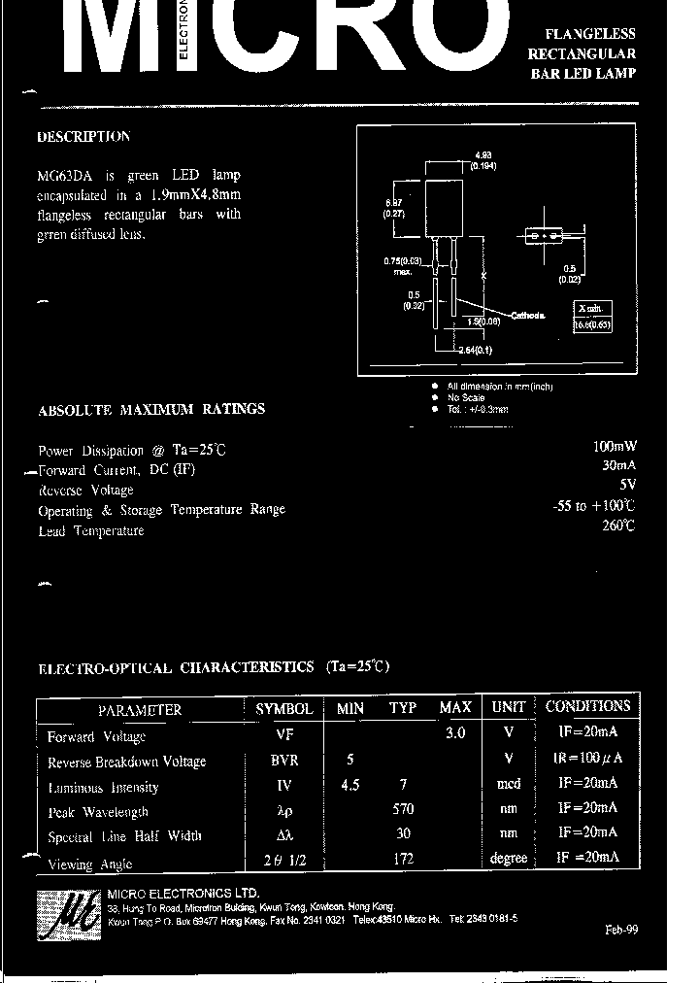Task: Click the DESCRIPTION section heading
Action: (x=83, y=137)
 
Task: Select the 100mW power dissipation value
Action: (x=614, y=448)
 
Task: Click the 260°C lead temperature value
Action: (x=617, y=525)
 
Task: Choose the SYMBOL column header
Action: (x=283, y=709)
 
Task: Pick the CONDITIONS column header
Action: (x=587, y=707)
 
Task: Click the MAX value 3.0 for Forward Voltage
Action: (x=455, y=734)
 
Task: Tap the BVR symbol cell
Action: (x=284, y=761)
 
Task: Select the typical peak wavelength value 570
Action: (x=403, y=809)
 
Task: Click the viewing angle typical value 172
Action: (x=403, y=859)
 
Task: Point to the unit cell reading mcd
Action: (x=509, y=784)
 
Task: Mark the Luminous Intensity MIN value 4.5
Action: (x=350, y=785)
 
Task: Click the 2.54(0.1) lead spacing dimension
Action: (x=476, y=350)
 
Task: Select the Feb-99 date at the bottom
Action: (x=620, y=930)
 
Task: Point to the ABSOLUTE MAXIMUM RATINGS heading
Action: (x=150, y=410)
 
